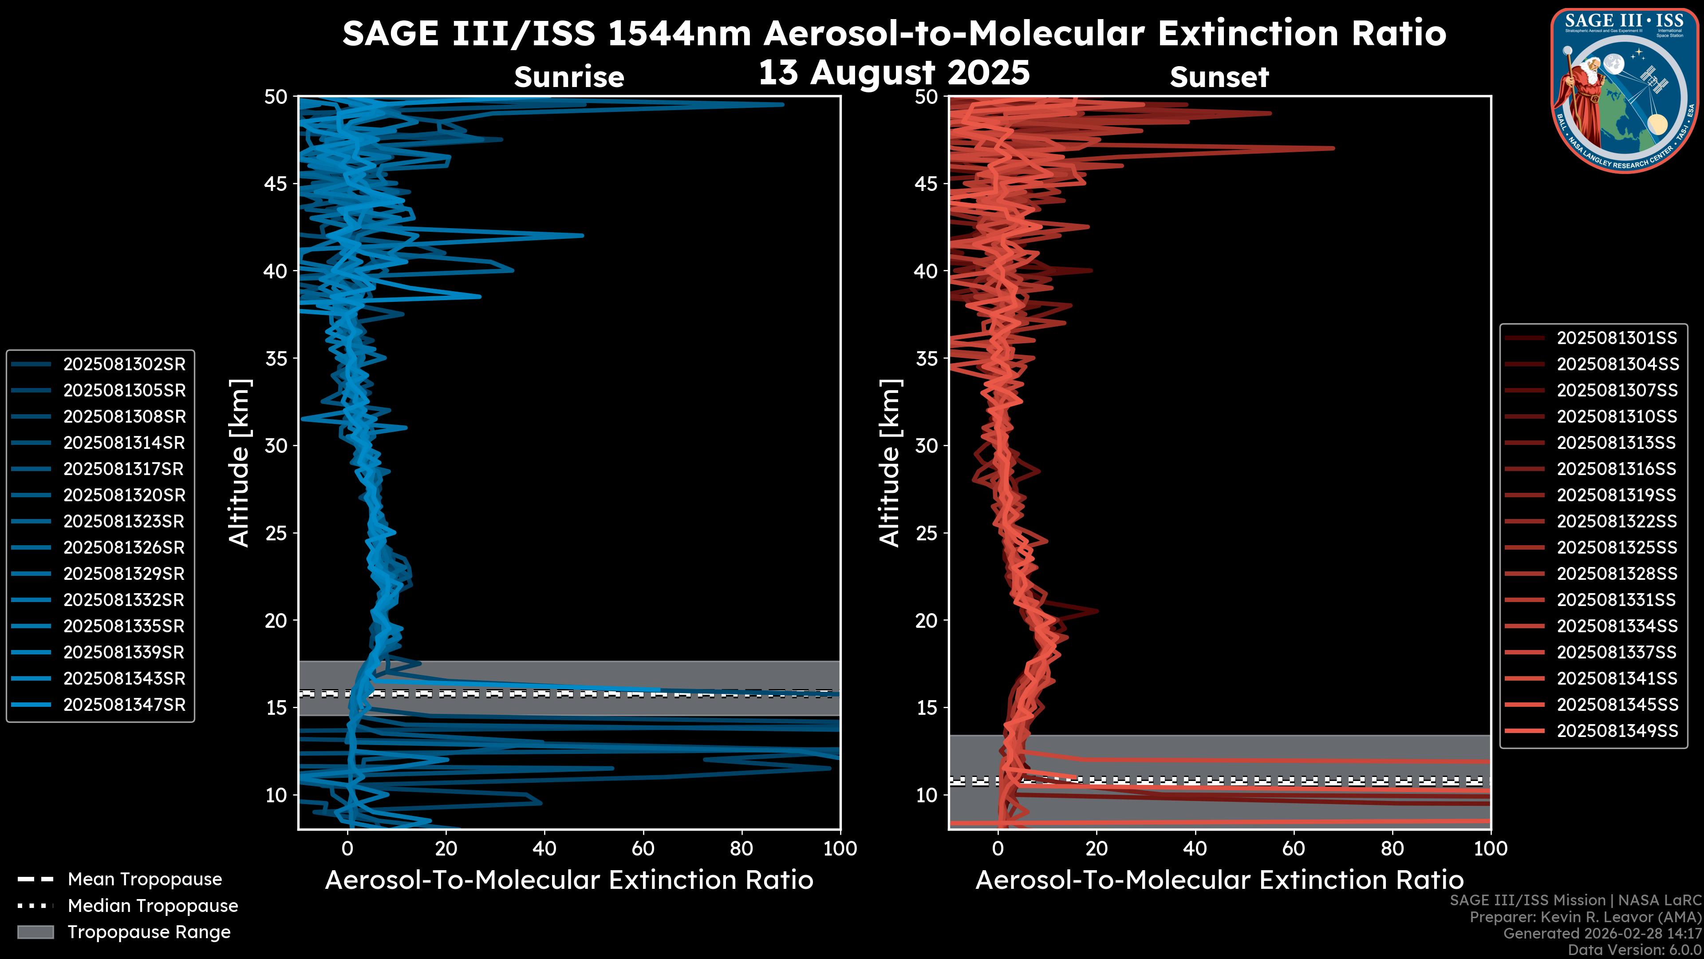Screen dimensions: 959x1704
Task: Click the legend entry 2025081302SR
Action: click(124, 364)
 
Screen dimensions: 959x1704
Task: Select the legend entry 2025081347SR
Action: click(124, 705)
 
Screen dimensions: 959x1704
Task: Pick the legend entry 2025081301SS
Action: click(1617, 338)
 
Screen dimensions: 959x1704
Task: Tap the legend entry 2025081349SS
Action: click(1617, 731)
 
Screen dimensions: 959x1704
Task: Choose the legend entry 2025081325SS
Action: click(1617, 547)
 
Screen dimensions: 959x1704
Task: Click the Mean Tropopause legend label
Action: click(145, 879)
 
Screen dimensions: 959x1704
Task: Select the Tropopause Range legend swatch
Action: click(35, 932)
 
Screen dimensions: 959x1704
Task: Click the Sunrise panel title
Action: click(569, 77)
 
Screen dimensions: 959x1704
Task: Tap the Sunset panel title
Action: click(1219, 77)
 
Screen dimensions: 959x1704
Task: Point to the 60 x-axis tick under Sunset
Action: click(1293, 848)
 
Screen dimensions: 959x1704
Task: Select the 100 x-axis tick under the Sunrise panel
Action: click(840, 848)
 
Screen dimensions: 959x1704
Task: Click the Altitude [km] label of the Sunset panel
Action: click(890, 463)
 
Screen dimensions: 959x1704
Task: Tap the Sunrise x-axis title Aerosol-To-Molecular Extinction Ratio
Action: click(569, 880)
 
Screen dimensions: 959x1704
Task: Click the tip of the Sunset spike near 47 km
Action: click(1333, 148)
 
